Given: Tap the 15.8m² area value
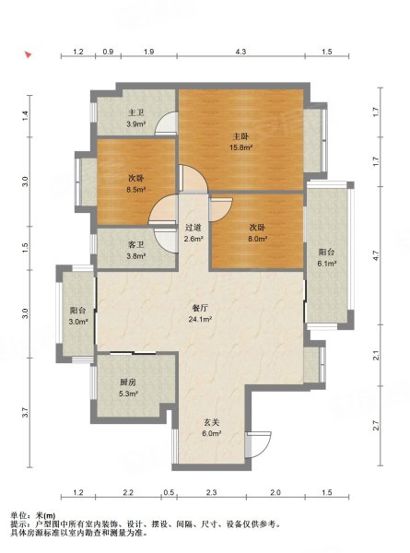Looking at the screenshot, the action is (241, 147).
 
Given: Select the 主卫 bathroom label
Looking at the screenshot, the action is (136, 112).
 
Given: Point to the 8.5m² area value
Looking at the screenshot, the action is (136, 190).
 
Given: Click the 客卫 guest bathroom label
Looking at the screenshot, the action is (136, 245).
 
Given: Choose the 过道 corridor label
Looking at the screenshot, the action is (193, 228).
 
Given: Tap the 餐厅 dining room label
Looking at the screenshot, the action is (200, 308).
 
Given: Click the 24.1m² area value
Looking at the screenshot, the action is (200, 320).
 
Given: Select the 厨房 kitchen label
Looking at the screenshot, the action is (128, 382).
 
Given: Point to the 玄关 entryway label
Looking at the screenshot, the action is (212, 422).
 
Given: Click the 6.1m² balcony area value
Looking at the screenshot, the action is (326, 264).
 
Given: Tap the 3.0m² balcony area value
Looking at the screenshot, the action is (78, 322).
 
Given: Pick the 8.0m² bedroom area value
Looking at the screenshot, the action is (257, 239).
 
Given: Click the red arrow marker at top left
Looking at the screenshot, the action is (29, 55).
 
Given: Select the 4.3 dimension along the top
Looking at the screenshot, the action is (240, 52).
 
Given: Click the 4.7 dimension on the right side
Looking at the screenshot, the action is (376, 255).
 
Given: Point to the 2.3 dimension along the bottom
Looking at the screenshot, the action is (212, 492).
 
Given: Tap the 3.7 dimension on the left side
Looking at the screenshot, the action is (24, 413).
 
